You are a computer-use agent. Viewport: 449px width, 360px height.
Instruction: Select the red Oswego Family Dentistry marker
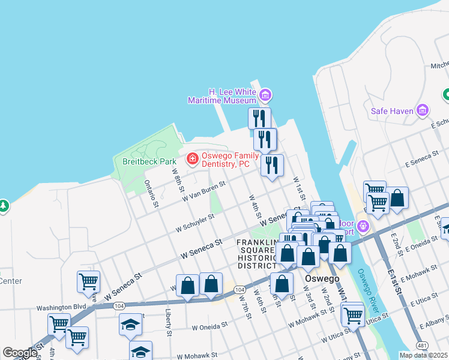click(x=193, y=159)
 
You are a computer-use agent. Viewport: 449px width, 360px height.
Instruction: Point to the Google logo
click(x=20, y=353)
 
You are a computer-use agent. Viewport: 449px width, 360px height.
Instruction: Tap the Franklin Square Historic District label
click(x=259, y=254)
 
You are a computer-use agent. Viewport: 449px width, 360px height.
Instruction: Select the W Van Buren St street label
click(x=204, y=191)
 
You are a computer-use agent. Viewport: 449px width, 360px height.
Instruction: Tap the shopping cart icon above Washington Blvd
click(x=88, y=281)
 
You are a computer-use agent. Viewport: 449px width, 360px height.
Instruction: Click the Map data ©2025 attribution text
click(x=423, y=355)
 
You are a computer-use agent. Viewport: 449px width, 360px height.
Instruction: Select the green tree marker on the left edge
click(x=3, y=206)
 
